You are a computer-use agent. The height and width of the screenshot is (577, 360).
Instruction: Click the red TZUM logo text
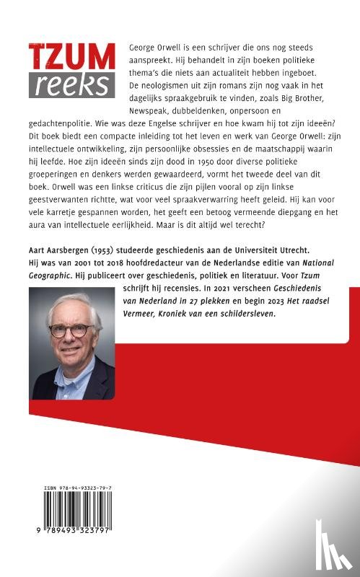[x=71, y=58]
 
